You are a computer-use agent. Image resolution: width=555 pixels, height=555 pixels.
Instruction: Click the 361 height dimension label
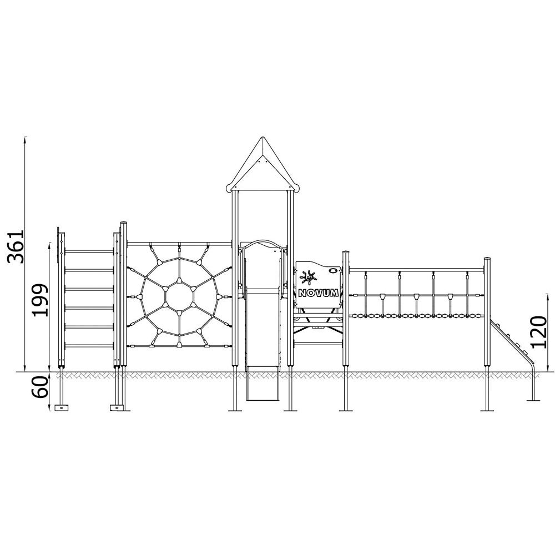click(16, 246)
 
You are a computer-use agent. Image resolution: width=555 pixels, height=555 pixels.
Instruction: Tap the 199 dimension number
click(39, 300)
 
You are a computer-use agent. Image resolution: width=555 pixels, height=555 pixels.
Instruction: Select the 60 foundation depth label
click(39, 387)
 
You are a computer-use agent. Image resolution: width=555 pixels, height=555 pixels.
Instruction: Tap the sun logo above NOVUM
click(308, 277)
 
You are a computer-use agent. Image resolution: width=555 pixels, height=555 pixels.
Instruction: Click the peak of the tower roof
click(263, 137)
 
